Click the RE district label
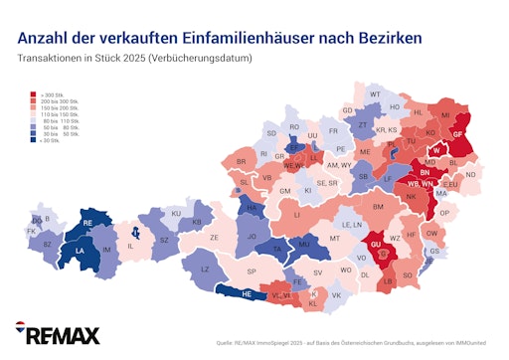coord(87,223)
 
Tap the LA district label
coord(79,252)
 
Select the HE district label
coord(247,293)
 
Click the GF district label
coord(458,132)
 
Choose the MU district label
coord(304,242)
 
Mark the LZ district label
coord(206,269)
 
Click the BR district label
coord(241,161)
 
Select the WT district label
coord(375,94)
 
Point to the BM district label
coord(378,206)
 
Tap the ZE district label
coord(215,238)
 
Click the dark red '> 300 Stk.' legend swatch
coord(33,92)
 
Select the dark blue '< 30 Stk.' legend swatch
coord(33,141)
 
